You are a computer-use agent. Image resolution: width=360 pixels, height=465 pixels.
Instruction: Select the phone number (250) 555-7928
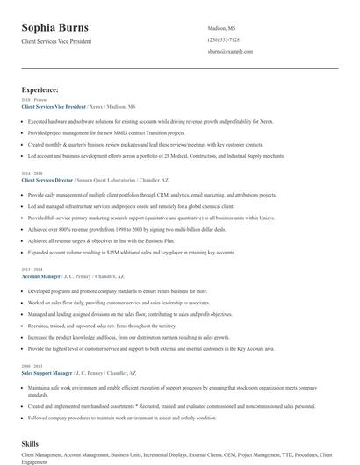coord(223,39)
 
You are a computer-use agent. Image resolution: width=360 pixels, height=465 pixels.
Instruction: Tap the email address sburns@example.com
coord(229,52)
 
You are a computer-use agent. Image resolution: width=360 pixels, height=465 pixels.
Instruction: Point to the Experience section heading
coord(40,89)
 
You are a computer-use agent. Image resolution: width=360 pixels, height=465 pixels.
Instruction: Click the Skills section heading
coord(32,445)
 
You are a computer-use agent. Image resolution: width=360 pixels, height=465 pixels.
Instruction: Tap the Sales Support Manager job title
coord(46,372)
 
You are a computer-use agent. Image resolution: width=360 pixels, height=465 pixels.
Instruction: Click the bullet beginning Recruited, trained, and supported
coord(104,325)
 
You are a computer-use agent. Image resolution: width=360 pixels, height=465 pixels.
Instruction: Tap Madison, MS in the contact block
coord(221,28)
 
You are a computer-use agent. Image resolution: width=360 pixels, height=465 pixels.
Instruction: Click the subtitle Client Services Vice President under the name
coord(56,41)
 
